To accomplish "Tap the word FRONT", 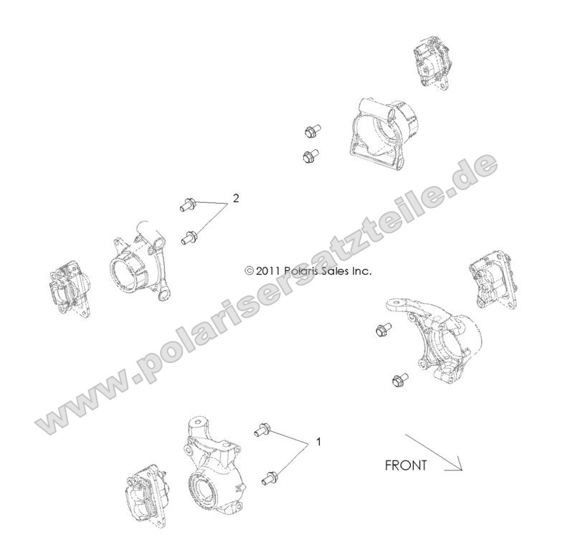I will pos(406,465).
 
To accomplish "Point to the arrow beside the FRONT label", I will pos(434,453).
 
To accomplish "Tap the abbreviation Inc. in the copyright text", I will pos(364,271).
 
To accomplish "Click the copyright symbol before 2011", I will pos(249,271).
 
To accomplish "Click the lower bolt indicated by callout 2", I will pos(190,236).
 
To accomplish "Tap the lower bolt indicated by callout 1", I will pos(271,475).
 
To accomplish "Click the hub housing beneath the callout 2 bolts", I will pos(139,263).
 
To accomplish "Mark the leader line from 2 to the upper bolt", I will pos(211,203).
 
